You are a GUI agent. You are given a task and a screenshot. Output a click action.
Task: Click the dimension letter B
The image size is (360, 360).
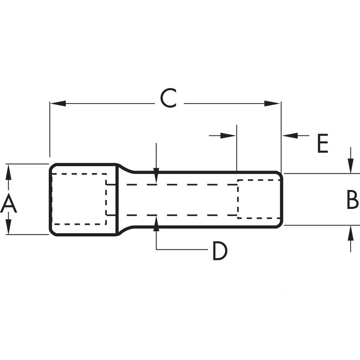point(352,200)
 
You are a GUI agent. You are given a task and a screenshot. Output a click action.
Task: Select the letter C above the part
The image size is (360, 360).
point(168,99)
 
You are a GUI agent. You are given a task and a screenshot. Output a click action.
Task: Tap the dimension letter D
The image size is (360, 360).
point(220,251)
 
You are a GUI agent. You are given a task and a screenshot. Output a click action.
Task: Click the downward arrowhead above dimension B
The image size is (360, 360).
point(350,167)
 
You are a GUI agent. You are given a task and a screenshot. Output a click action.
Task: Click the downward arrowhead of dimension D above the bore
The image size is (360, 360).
point(156,177)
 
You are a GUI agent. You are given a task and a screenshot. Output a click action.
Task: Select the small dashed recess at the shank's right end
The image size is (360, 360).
point(259,198)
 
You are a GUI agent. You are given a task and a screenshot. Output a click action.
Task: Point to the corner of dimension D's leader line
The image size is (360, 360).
point(156,249)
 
